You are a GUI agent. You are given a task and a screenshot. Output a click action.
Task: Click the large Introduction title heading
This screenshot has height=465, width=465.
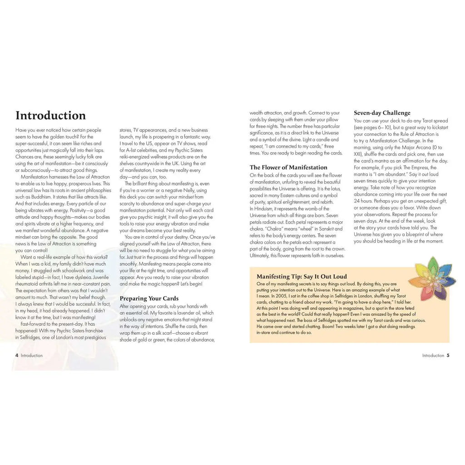click(50, 115)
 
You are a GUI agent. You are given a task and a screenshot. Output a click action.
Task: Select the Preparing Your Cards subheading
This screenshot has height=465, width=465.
click(149, 298)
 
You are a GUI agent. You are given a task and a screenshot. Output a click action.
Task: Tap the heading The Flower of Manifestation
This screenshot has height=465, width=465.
click(288, 167)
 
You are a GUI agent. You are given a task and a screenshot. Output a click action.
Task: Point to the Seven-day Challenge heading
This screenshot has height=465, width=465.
click(382, 113)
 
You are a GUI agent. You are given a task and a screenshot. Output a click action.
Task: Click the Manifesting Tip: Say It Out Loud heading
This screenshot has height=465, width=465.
click(302, 276)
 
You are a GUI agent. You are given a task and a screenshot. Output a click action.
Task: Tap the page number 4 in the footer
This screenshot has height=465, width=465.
click(17, 356)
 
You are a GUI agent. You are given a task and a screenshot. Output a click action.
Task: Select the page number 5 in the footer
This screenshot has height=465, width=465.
click(448, 356)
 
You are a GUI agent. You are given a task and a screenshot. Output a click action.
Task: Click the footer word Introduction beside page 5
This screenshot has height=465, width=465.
click(433, 356)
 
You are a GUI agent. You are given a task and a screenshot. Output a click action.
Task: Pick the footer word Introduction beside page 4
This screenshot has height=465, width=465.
click(32, 356)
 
